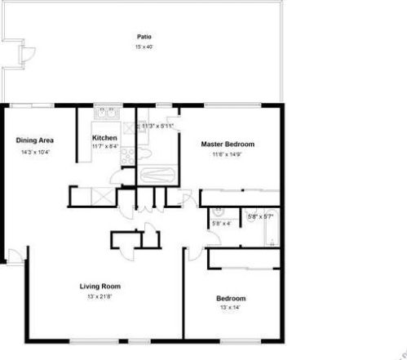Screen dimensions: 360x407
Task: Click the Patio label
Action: click(x=144, y=37)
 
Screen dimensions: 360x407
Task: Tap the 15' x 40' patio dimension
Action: click(x=144, y=47)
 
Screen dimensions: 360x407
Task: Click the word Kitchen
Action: click(x=104, y=137)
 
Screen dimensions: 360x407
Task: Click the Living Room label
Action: click(x=100, y=286)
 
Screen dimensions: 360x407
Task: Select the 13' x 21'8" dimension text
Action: click(x=100, y=296)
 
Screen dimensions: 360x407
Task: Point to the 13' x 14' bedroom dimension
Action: click(x=231, y=308)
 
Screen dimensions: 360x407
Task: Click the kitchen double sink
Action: click(x=108, y=114)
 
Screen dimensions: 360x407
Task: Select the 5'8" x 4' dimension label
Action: click(x=221, y=223)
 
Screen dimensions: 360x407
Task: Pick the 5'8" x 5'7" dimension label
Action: click(x=261, y=217)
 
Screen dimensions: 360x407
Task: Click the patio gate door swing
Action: click(x=27, y=56)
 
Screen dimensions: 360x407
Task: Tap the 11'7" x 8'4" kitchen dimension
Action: click(x=104, y=147)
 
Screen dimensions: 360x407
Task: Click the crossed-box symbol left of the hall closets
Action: click(x=103, y=196)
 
